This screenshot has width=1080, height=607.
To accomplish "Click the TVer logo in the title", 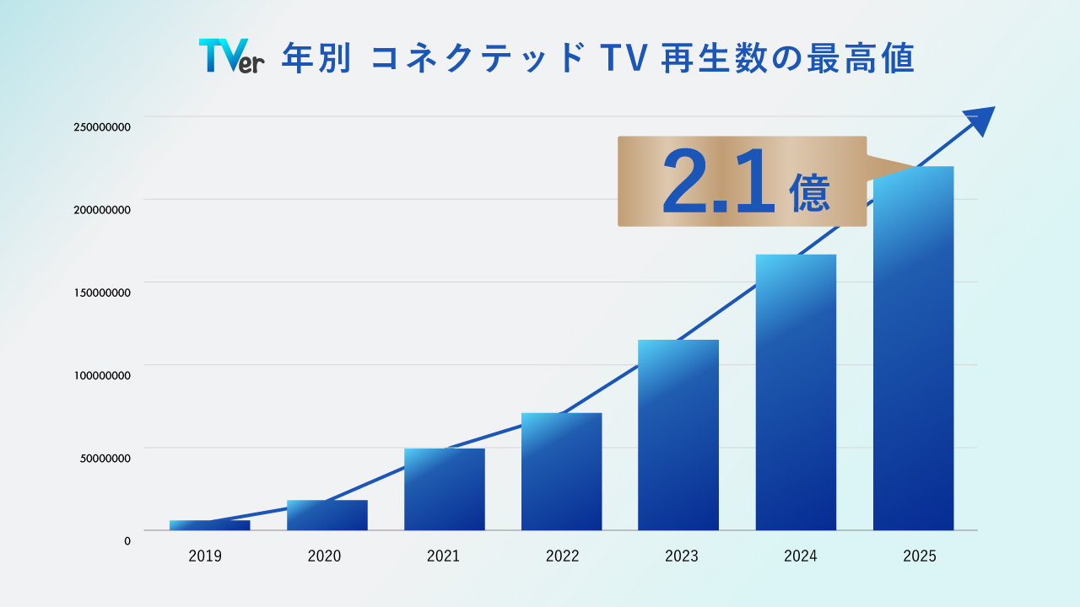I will [x=231, y=56].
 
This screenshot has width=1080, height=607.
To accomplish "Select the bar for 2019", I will [x=209, y=525].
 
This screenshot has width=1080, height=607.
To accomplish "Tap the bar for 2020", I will [x=327, y=515].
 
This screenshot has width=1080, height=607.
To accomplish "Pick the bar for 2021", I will [x=444, y=489].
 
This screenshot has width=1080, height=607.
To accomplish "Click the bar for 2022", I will [x=561, y=471].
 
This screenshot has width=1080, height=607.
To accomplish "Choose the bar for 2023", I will [x=678, y=435].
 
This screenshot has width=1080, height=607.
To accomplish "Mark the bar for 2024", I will [x=796, y=392].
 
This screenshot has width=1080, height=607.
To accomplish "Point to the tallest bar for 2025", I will [x=913, y=348].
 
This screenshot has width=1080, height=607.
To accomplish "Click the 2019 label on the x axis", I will [x=205, y=556].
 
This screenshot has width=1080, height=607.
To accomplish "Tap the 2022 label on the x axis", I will [x=562, y=556].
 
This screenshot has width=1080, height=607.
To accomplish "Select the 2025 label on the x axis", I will [x=919, y=556].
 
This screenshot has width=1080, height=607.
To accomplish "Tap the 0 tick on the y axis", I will [x=127, y=541].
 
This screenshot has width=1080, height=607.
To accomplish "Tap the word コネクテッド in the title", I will [x=477, y=60].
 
